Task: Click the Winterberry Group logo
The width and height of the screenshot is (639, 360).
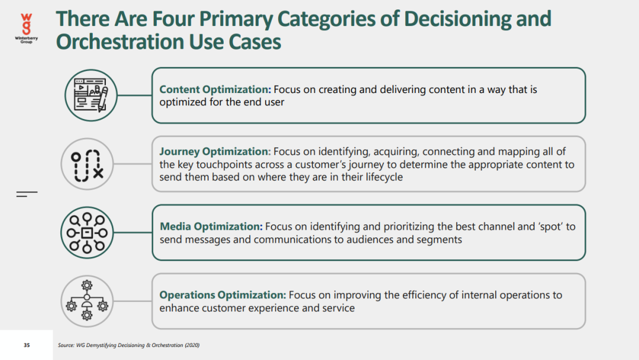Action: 27,28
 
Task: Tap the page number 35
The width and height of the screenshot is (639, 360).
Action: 27,345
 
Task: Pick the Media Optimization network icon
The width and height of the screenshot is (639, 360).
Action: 87,233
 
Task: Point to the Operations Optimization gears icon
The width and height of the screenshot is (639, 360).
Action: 87,300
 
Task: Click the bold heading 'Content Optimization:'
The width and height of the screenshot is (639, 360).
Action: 215,89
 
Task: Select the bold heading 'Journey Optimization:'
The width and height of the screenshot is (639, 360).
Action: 215,151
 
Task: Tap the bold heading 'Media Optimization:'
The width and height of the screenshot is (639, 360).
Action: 211,226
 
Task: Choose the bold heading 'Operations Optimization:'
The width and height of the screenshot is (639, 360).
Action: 222,295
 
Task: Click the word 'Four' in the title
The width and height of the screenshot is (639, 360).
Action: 172,19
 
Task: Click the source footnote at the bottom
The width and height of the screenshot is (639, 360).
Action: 129,345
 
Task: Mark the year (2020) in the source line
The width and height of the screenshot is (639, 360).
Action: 192,345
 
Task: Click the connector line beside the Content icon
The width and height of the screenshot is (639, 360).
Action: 134,95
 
